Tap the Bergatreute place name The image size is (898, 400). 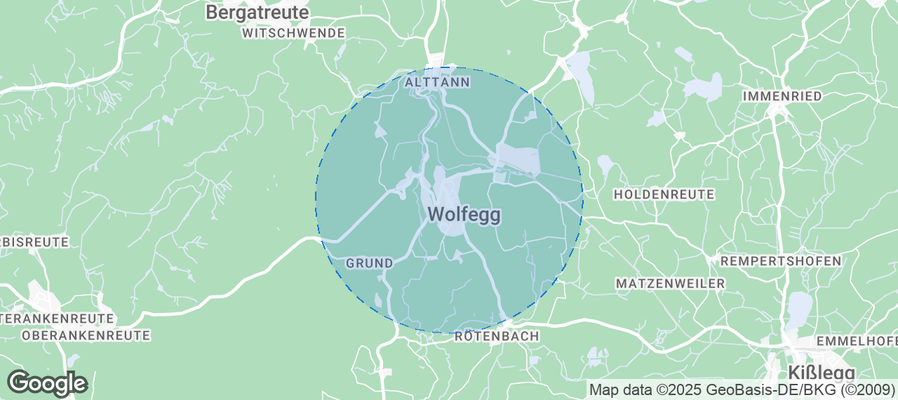tap(257, 12)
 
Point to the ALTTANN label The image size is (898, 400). tap(437, 83)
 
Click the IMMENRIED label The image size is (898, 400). tap(783, 96)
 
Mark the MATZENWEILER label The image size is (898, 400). tap(670, 284)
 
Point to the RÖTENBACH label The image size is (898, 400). tap(496, 338)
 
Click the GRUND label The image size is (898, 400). tap(368, 263)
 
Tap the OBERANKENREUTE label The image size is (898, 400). tap(75, 336)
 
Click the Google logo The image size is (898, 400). tap(47, 383)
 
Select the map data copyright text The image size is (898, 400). tap(741, 389)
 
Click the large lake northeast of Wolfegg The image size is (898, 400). tap(518, 159)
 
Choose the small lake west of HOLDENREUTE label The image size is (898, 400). tap(605, 165)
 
